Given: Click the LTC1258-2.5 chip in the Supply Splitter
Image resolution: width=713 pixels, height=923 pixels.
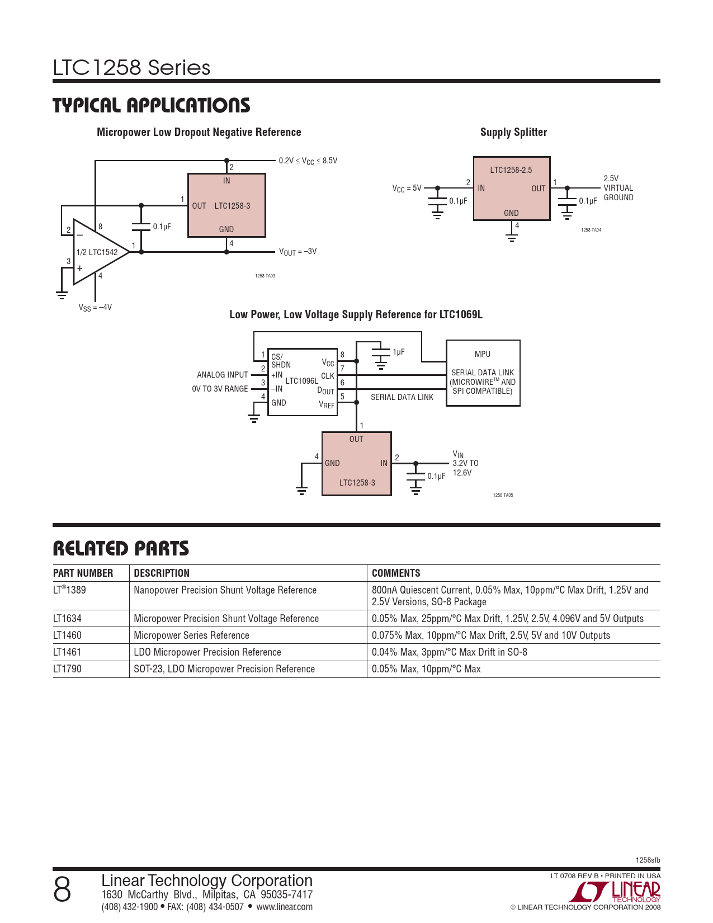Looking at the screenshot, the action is [x=512, y=189].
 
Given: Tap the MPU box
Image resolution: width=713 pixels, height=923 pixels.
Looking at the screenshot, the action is [x=483, y=373].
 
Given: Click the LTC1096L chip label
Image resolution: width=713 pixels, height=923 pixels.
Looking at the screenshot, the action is [x=301, y=381].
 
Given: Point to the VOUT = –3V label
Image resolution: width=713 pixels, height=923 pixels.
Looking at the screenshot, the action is [x=298, y=252].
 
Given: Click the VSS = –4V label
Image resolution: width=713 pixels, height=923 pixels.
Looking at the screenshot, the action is [x=95, y=307].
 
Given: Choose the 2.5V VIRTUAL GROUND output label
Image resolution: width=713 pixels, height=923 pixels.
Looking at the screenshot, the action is [x=618, y=188].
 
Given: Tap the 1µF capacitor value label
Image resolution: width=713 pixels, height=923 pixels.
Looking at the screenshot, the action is [x=398, y=352].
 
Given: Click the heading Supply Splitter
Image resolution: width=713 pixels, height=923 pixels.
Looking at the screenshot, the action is [x=513, y=132].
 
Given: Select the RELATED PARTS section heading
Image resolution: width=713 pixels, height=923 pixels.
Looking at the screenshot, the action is [x=121, y=548].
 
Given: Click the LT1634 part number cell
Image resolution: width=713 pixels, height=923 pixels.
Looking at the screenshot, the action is [x=67, y=619].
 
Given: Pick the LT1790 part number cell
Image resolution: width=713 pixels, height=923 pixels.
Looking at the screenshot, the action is [x=67, y=668].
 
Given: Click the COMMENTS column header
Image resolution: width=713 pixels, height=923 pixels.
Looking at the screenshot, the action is [x=396, y=573].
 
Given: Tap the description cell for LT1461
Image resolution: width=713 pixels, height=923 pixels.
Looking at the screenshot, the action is [x=207, y=652].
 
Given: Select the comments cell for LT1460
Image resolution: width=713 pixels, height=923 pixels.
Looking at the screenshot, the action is [x=491, y=635].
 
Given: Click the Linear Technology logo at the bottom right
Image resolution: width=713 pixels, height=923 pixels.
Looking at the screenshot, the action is [x=615, y=891].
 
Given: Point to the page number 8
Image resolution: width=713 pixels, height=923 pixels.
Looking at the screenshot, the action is [x=62, y=890].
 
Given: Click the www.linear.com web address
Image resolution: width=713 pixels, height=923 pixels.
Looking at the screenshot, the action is [x=284, y=907].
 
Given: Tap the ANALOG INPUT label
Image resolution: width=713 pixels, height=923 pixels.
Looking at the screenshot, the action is [x=222, y=375].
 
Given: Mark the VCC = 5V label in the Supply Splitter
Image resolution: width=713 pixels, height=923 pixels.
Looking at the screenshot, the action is [x=407, y=188].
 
